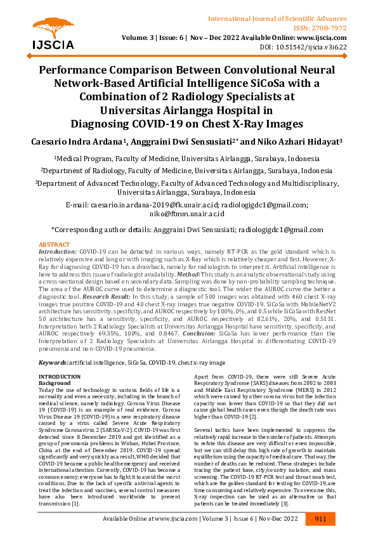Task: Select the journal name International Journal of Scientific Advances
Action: [x=289, y=10]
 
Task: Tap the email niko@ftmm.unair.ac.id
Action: [x=188, y=214]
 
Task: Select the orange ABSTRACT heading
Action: [x=55, y=244]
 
